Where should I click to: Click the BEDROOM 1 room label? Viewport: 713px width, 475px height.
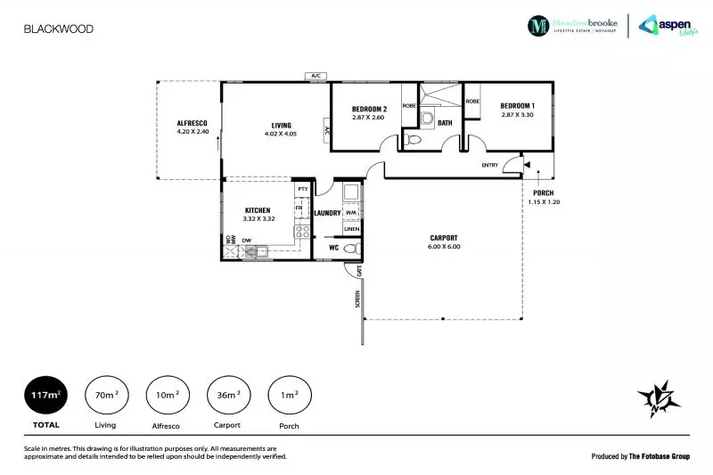point(517,104)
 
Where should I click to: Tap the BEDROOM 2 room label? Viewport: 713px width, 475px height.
point(368,107)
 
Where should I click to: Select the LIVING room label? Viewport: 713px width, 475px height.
point(282,126)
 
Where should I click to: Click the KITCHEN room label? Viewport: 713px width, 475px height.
point(258,211)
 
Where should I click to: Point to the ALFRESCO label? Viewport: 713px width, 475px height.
point(192,122)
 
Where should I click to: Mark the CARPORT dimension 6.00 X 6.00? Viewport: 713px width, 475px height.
point(444,247)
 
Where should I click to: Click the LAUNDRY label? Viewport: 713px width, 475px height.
point(329,213)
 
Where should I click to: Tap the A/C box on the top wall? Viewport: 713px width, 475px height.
point(316,77)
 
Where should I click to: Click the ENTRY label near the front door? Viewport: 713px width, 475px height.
point(490,165)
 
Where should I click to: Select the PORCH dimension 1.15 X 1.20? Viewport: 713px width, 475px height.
point(543,202)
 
